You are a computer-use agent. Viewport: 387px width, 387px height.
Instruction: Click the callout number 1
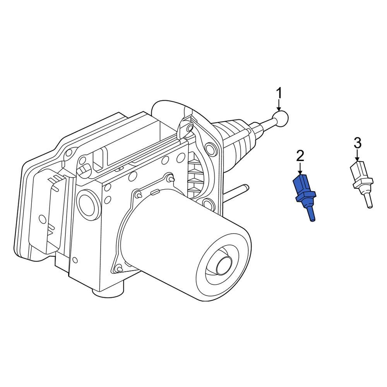(x=279, y=94)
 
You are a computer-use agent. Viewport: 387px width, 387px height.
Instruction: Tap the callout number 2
(x=300, y=156)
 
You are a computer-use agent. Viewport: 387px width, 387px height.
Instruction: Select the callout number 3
(x=357, y=143)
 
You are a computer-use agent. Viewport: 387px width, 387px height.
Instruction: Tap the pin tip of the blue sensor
(x=312, y=220)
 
